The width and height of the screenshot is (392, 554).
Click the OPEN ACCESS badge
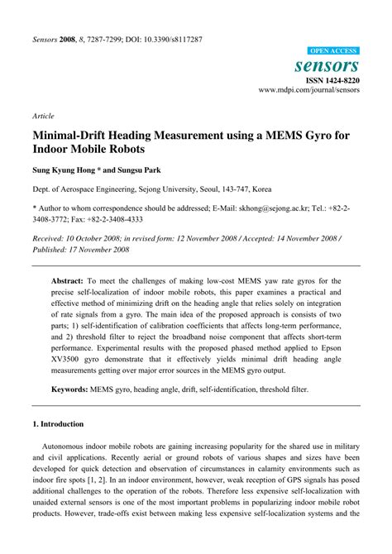click(333, 51)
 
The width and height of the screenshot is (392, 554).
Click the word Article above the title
click(44, 117)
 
